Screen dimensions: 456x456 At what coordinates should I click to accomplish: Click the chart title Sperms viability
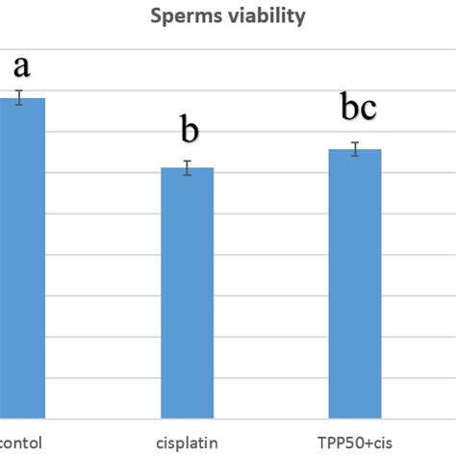[x=227, y=16]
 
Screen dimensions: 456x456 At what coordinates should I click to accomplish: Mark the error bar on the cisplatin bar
[x=187, y=167]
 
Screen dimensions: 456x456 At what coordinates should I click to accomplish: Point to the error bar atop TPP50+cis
[x=354, y=149]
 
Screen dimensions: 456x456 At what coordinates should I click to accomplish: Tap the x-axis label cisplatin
[x=186, y=443]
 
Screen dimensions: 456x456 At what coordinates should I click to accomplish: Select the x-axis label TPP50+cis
[x=353, y=443]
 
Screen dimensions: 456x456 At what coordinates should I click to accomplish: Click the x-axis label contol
[x=21, y=443]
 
